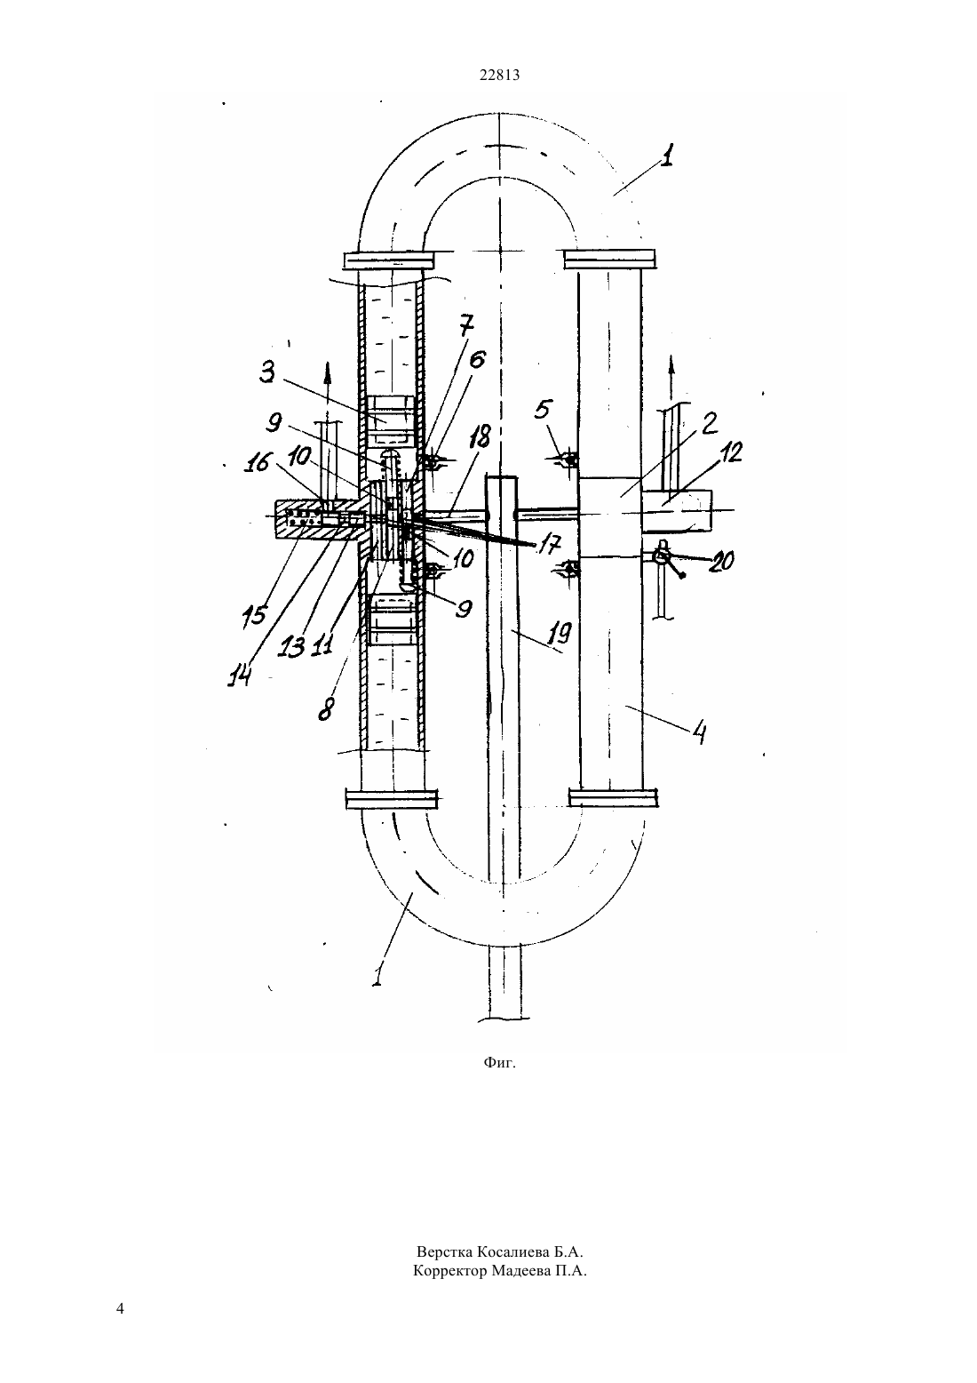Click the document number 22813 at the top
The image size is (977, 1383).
pyautogui.click(x=499, y=75)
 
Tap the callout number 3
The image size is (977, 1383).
pyautogui.click(x=266, y=373)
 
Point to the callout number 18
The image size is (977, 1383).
pyautogui.click(x=480, y=437)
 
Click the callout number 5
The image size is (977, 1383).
pyautogui.click(x=544, y=410)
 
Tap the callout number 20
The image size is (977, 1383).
pyautogui.click(x=722, y=561)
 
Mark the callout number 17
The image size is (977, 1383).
pyautogui.click(x=550, y=544)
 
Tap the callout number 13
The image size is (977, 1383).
pyautogui.click(x=291, y=646)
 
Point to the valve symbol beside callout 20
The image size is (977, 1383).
pyautogui.click(x=663, y=557)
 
